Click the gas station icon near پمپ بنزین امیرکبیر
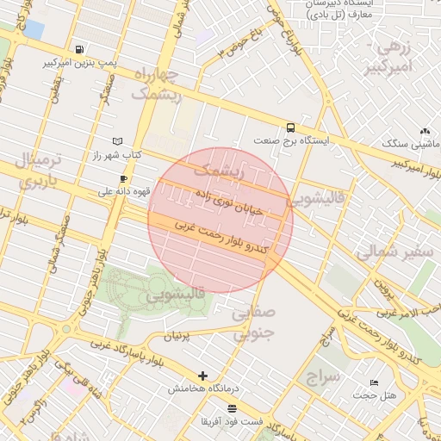pos(80,50)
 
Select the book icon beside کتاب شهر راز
pos(118,141)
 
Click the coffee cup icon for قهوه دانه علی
pos(123,179)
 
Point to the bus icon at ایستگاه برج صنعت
pos(290,126)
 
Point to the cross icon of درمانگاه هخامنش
pos(203,376)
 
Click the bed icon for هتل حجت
pos(373,382)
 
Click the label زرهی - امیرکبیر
pos(394,58)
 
